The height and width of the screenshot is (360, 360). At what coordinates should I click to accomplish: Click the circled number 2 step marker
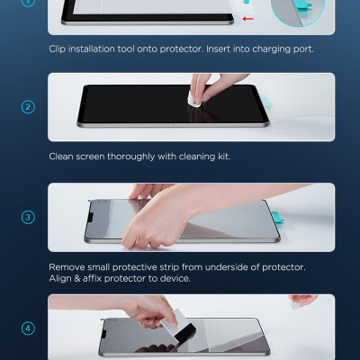click(x=28, y=107)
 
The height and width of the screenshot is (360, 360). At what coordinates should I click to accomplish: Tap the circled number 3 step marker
click(x=28, y=217)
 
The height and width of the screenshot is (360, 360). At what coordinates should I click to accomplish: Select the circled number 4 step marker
click(x=28, y=328)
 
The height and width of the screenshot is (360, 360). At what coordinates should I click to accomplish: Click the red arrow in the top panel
click(x=247, y=19)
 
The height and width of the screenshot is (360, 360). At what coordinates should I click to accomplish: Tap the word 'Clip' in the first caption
click(x=57, y=49)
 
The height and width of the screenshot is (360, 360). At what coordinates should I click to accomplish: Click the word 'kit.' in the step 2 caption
click(x=224, y=157)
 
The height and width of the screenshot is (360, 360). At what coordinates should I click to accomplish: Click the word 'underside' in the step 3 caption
click(x=227, y=267)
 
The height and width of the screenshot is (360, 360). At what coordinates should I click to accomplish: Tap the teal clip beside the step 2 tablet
click(x=266, y=103)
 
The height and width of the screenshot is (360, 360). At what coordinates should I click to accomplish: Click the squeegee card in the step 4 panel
click(x=178, y=326)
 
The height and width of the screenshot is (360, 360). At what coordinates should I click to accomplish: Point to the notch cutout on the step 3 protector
click(x=90, y=217)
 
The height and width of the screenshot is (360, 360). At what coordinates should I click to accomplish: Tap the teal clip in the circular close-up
click(x=303, y=4)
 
